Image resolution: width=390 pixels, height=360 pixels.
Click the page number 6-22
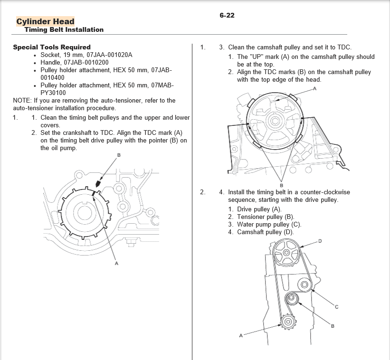227,15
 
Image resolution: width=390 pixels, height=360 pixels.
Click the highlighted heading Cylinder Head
45,21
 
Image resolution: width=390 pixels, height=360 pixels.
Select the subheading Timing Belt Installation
64,29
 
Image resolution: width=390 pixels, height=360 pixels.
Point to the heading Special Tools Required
52,47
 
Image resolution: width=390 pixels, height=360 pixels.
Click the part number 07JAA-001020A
109,55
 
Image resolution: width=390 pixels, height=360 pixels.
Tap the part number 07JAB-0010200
86,62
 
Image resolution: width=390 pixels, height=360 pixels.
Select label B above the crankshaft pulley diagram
119,155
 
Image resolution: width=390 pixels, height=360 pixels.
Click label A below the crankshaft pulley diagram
116,264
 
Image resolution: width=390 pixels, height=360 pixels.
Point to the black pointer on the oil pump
98,183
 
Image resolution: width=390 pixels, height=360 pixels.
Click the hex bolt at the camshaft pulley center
275,121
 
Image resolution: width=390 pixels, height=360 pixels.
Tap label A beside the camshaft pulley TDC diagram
314,88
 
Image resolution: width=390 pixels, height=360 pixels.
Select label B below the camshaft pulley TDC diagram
282,186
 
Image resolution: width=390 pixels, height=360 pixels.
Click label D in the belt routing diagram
320,241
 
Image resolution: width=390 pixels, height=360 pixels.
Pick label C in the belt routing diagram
336,307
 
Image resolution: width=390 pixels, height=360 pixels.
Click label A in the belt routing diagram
241,336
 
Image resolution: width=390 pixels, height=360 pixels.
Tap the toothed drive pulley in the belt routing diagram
288,322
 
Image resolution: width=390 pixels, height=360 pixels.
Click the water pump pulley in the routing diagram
304,284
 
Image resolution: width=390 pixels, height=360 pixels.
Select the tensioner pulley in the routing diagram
292,298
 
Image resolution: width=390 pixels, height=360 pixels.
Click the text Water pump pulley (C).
269,225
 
